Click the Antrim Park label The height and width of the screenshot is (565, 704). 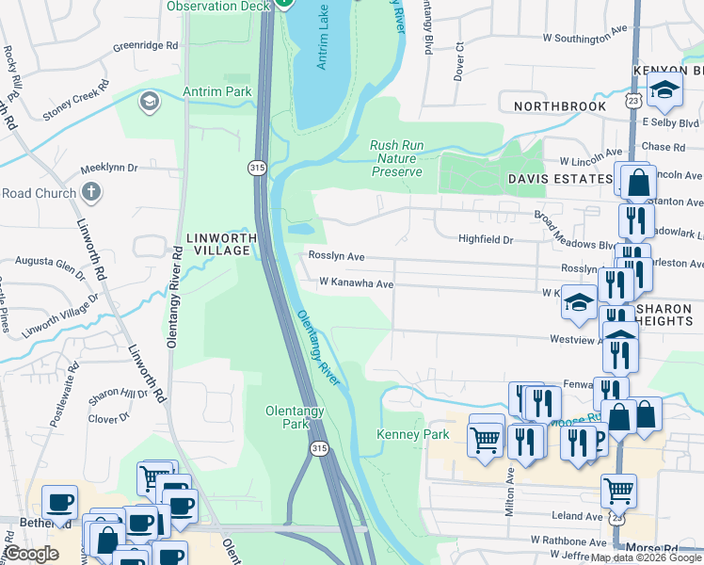(226, 91)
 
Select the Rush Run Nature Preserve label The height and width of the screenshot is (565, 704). (396, 158)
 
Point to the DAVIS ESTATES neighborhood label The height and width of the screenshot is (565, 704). (560, 178)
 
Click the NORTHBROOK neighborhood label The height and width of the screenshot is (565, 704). (559, 106)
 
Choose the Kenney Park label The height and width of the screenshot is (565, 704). (412, 434)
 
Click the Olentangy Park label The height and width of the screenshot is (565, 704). (300, 417)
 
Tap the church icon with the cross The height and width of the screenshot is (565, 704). (90, 193)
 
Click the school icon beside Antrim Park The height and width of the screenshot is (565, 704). (149, 101)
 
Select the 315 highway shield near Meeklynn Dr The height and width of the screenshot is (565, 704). (257, 168)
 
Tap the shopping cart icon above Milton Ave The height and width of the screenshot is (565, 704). (486, 438)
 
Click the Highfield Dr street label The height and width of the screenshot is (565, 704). (485, 240)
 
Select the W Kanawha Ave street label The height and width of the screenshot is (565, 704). (356, 282)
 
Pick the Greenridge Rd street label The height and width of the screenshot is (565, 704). (145, 45)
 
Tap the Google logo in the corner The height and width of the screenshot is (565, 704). (31, 555)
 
